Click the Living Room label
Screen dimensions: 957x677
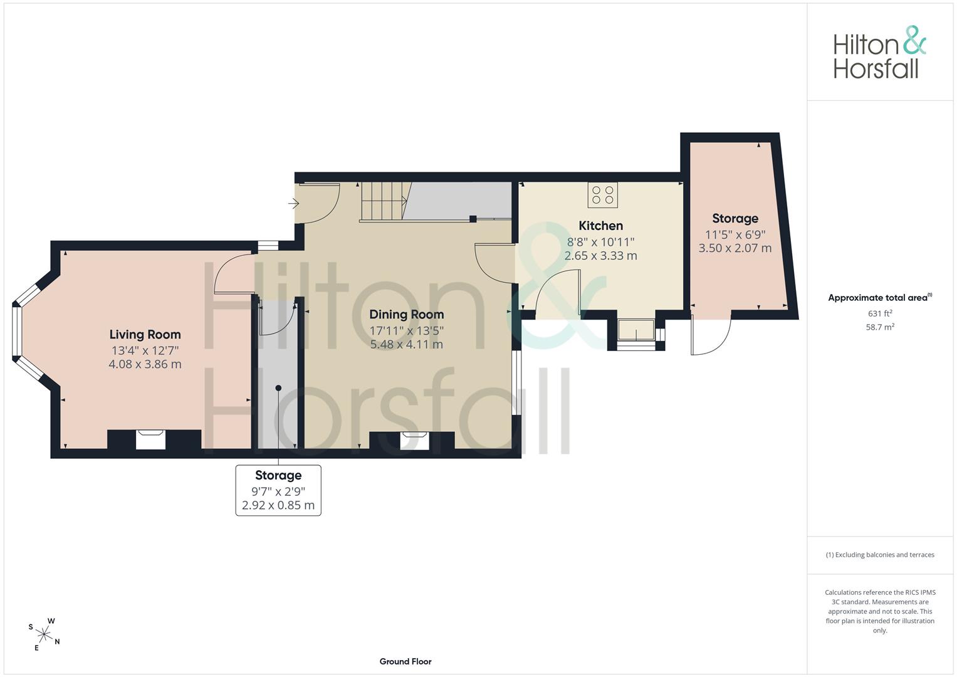[145, 334]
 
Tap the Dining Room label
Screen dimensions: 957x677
[406, 315]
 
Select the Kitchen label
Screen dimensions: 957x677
[600, 226]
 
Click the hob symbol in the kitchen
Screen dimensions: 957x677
[602, 196]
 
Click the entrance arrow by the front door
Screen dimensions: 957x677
[293, 204]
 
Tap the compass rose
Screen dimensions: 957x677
[44, 634]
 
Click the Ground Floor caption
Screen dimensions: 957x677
[405, 661]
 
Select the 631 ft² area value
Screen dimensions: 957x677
[880, 313]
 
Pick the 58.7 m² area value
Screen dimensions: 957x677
[880, 327]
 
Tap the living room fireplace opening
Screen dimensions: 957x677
[150, 440]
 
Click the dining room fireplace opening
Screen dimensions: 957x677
[414, 441]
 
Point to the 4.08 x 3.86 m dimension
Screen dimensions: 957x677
[145, 364]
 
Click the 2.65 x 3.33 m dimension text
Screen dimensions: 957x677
[600, 256]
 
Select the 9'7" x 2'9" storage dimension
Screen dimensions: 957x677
[278, 491]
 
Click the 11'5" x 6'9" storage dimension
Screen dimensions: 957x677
[735, 234]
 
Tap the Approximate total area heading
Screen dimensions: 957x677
[880, 298]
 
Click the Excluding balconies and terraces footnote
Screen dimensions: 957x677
[880, 555]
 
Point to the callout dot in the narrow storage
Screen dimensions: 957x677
[278, 388]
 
